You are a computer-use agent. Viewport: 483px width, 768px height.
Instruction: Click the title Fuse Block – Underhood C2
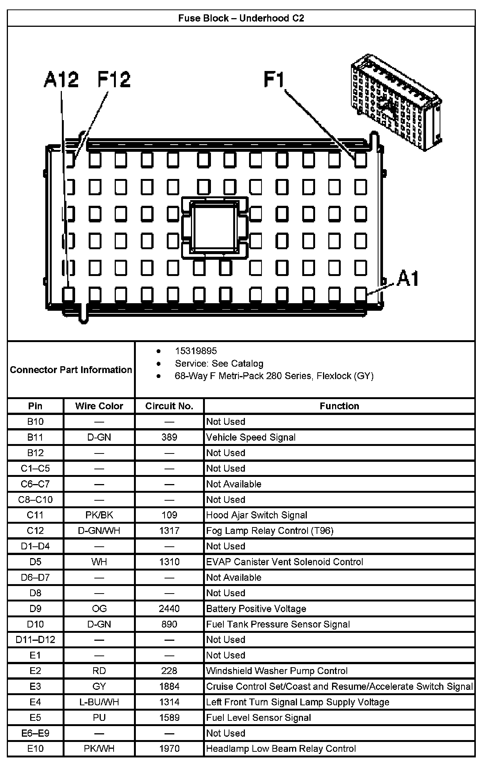(241, 19)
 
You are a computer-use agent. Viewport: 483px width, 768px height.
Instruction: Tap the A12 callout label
(61, 80)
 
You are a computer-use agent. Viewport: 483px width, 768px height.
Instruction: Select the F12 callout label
(114, 80)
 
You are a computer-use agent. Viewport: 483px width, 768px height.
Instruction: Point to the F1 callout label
(274, 80)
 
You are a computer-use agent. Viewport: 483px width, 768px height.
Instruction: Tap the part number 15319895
(196, 351)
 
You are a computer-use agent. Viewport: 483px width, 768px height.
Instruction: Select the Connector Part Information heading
(71, 370)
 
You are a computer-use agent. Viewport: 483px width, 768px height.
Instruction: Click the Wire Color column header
(99, 406)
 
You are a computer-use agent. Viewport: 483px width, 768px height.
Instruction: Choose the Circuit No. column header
(169, 406)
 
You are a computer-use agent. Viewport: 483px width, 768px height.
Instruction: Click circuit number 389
(169, 437)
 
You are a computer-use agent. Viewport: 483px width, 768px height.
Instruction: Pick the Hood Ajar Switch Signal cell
(257, 515)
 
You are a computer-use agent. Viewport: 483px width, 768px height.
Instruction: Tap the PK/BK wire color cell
(99, 515)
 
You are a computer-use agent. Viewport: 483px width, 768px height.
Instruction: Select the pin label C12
(35, 531)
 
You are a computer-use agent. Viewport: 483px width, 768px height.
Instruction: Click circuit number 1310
(169, 562)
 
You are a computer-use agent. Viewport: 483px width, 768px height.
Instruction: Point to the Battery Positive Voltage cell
(256, 609)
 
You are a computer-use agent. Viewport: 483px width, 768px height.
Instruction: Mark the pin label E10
(35, 749)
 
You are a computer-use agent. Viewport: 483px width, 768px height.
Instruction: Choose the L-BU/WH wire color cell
(99, 702)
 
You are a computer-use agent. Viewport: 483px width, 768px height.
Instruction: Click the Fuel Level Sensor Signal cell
(258, 717)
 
